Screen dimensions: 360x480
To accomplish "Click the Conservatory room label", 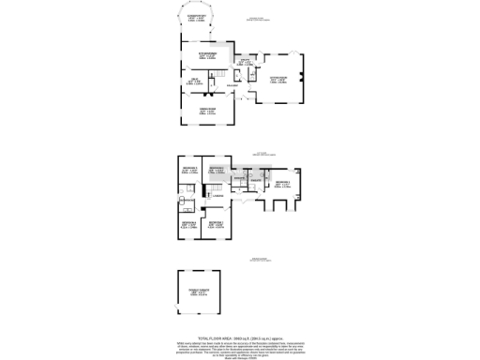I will (194, 17).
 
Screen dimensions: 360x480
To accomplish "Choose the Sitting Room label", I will (279, 80).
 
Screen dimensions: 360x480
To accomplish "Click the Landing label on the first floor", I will (217, 195).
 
